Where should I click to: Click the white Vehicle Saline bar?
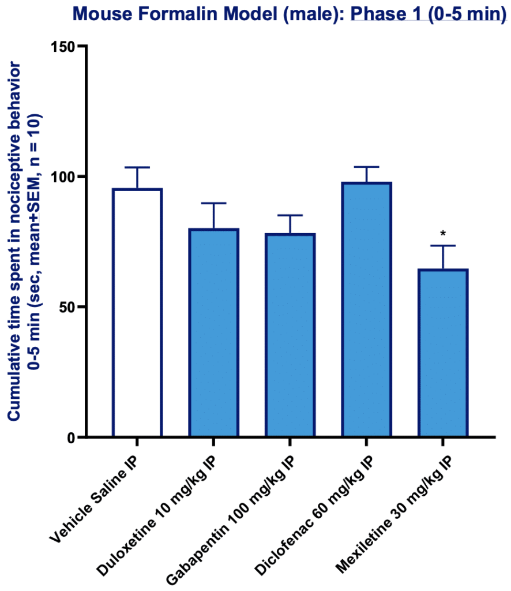click(137, 312)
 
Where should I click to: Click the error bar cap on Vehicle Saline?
click(137, 167)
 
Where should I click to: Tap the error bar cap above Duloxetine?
click(213, 203)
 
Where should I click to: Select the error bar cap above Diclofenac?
click(367, 167)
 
